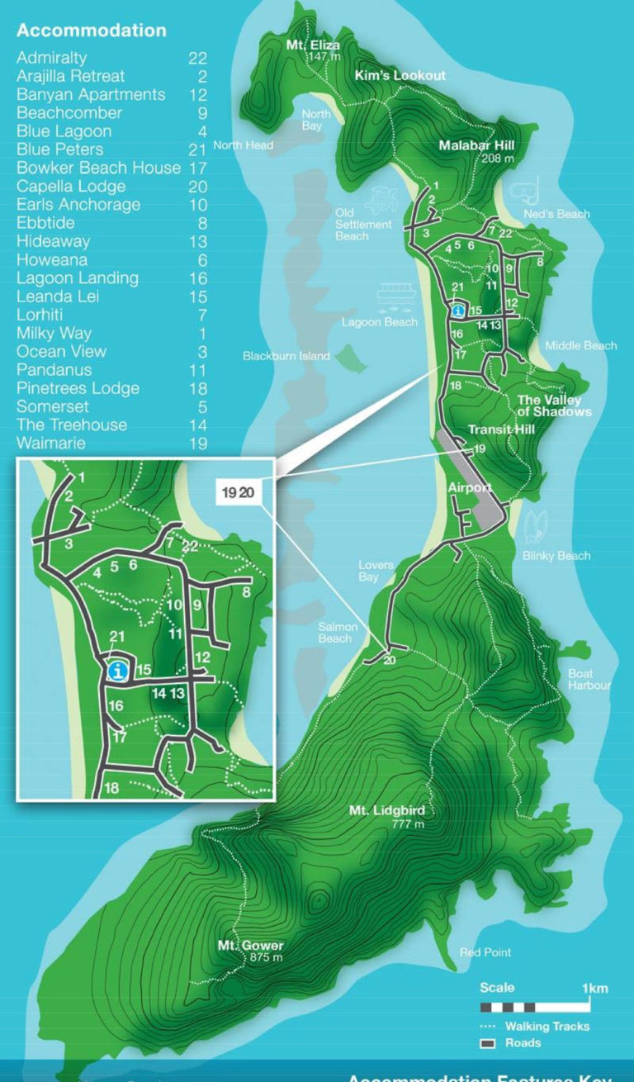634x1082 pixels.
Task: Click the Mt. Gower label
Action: (250, 946)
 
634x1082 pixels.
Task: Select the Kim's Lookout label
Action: (400, 75)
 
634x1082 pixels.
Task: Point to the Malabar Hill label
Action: (476, 145)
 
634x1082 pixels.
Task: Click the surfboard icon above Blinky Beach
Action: (536, 525)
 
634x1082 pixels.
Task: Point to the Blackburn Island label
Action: (286, 356)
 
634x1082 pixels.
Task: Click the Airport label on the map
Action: (470, 487)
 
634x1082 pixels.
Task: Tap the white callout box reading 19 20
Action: (237, 491)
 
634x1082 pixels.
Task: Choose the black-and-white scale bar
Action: (535, 1007)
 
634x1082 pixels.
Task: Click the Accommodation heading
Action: (91, 31)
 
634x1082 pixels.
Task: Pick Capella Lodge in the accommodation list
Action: (71, 186)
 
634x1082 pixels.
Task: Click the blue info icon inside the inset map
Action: (119, 672)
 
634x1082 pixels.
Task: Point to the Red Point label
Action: (485, 952)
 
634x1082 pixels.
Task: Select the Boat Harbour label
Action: (589, 680)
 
